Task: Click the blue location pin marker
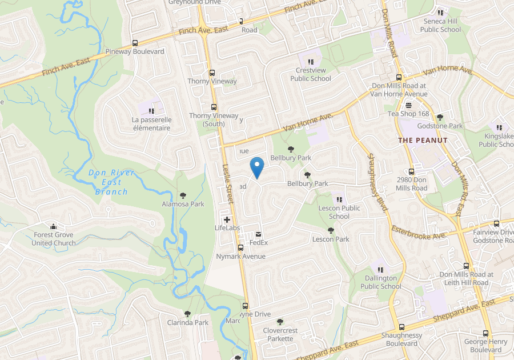pos(257,167)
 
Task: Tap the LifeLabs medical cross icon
pos(227,219)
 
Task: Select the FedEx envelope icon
pos(259,234)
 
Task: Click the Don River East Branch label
pos(111,182)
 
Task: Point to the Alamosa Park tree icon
pos(183,195)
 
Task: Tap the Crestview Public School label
pos(311,74)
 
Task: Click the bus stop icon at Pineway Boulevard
pos(135,43)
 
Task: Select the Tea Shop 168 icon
pos(408,105)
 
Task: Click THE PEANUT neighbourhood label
pos(423,140)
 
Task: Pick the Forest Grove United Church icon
pos(53,226)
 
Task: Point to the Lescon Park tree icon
pos(331,230)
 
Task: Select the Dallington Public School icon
pos(381,270)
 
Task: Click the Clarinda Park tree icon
pos(187,314)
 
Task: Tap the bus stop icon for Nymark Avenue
pos(240,248)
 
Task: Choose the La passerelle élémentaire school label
pos(151,124)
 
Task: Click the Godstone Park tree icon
pos(440,117)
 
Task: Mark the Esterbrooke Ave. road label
pos(419,232)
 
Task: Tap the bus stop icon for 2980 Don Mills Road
pos(411,171)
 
